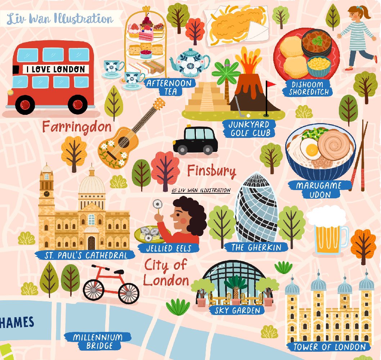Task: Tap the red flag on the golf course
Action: (270, 84)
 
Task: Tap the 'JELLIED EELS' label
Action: (169, 248)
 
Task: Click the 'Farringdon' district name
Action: (77, 127)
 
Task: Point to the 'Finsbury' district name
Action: (211, 170)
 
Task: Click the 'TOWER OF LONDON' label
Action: (330, 347)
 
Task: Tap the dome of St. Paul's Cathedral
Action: (92, 184)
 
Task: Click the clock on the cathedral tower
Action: (46, 193)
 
